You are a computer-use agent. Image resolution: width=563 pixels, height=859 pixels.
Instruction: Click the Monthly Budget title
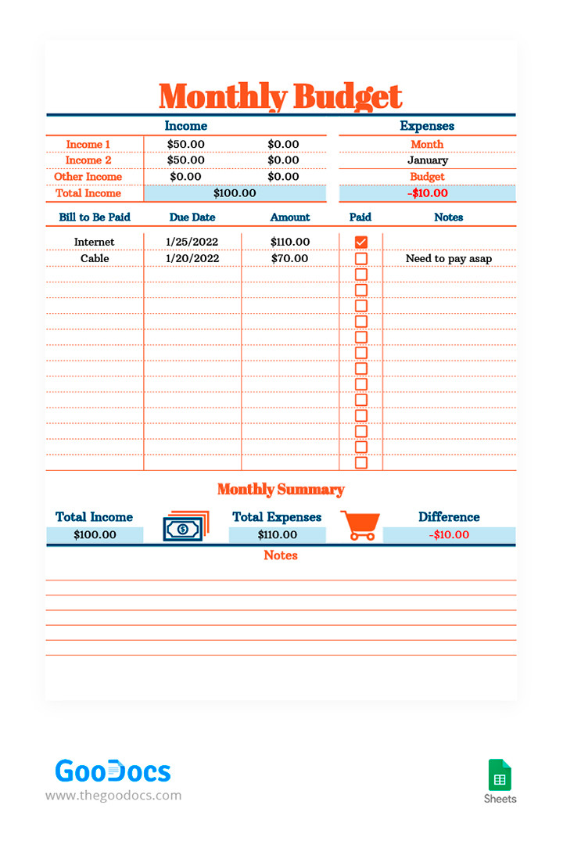pos(280,97)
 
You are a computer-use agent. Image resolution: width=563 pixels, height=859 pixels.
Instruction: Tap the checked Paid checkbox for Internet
pos(360,243)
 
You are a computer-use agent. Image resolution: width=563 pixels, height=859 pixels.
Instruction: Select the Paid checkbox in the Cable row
pos(360,258)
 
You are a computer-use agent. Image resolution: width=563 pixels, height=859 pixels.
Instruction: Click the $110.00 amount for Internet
pos(290,243)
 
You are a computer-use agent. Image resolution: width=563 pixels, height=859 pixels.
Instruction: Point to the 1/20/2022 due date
pos(192,258)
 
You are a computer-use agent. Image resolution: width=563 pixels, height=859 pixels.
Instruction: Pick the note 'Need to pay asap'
pos(449,258)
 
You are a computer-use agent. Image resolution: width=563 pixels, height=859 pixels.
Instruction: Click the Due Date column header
pos(192,217)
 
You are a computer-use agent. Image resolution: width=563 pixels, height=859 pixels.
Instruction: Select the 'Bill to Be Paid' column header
pos(95,217)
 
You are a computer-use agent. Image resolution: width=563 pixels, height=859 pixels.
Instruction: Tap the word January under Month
pos(428,160)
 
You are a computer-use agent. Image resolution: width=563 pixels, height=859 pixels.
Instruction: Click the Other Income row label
pos(88,177)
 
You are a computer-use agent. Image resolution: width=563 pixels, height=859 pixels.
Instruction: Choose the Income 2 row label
pos(88,160)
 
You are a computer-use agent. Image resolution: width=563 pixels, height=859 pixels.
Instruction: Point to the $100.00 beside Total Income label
pos(235,193)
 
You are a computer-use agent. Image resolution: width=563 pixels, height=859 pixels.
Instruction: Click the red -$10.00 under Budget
pos(428,193)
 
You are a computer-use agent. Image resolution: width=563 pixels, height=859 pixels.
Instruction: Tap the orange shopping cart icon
pos(360,525)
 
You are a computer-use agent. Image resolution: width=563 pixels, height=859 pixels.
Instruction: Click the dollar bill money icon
pos(185,527)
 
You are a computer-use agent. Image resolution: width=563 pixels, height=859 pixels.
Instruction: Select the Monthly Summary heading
pos(281,490)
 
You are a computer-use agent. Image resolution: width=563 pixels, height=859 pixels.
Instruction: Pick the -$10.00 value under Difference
pos(450,535)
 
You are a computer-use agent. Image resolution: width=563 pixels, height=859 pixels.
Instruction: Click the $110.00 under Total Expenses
pos(278,535)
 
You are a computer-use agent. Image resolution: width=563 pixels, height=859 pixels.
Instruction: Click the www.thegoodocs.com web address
pos(113,796)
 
